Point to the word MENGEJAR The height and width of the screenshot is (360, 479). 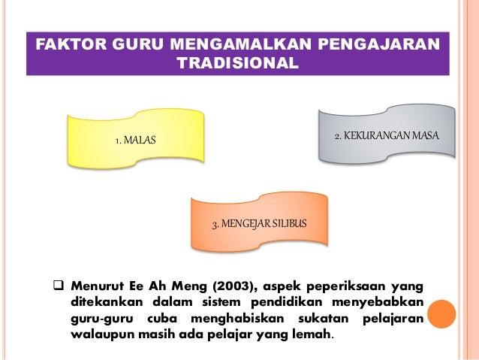(x=245, y=225)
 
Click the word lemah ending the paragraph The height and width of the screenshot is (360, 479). (x=311, y=335)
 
